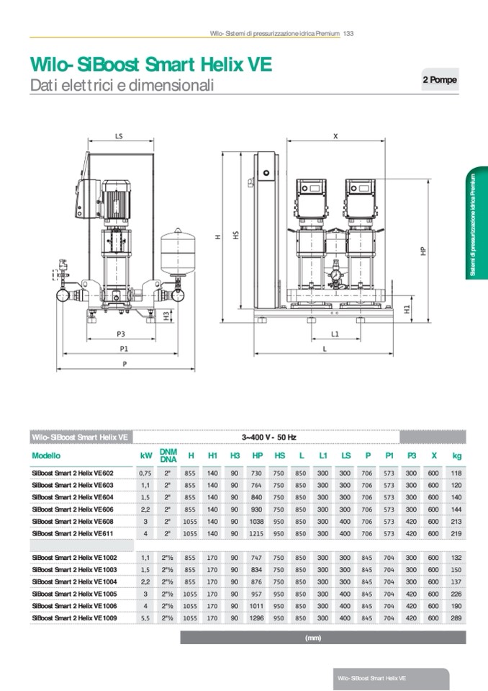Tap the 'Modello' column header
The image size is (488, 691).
pyautogui.click(x=47, y=455)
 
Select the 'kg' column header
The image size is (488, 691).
pyautogui.click(x=456, y=455)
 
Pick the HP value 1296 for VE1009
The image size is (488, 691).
pyautogui.click(x=257, y=618)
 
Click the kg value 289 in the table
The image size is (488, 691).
pyautogui.click(x=456, y=618)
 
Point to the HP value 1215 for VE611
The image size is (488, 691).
pyautogui.click(x=257, y=533)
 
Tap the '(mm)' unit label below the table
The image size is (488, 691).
pyautogui.click(x=312, y=638)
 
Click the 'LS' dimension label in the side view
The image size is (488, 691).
pyautogui.click(x=119, y=135)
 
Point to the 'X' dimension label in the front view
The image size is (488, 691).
pyautogui.click(x=335, y=135)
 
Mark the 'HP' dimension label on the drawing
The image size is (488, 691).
pyautogui.click(x=423, y=251)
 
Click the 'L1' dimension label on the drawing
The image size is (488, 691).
pyautogui.click(x=335, y=334)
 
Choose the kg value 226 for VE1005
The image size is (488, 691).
pyautogui.click(x=456, y=593)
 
